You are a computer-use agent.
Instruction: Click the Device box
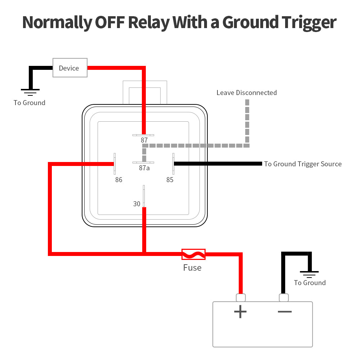[70, 68]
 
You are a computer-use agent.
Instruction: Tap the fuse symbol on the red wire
[193, 254]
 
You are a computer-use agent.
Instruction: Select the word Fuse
[192, 268]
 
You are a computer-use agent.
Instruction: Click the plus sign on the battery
[240, 311]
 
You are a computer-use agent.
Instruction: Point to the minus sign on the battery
[284, 311]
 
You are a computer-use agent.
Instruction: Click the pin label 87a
[144, 168]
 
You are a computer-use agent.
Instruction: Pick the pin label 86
[119, 180]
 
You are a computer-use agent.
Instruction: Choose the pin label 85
[170, 180]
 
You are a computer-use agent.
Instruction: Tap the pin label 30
[137, 204]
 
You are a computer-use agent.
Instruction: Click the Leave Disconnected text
[247, 93]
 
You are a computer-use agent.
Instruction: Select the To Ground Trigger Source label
[303, 164]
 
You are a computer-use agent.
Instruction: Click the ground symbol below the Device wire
[30, 92]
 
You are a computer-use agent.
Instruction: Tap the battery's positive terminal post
[241, 298]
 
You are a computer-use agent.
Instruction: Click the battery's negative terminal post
[284, 298]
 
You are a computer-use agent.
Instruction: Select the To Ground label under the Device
[30, 103]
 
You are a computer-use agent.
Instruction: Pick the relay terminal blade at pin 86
[115, 164]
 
